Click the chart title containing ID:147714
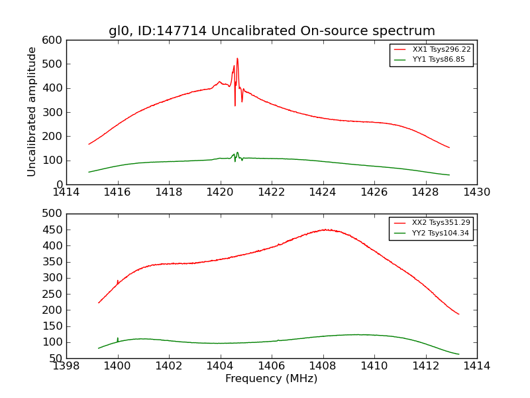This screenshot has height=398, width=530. click(272, 31)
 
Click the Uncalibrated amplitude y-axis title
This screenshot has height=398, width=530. click(32, 111)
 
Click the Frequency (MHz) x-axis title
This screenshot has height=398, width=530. click(272, 379)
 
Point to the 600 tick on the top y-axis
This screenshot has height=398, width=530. click(55, 40)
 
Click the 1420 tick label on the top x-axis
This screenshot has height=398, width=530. click(220, 192)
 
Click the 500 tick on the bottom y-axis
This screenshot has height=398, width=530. click(55, 214)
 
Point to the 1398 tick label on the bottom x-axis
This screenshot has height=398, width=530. click(67, 365)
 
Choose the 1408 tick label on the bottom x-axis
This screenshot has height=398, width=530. click(323, 365)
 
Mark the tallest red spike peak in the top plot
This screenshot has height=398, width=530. click(237, 58)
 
